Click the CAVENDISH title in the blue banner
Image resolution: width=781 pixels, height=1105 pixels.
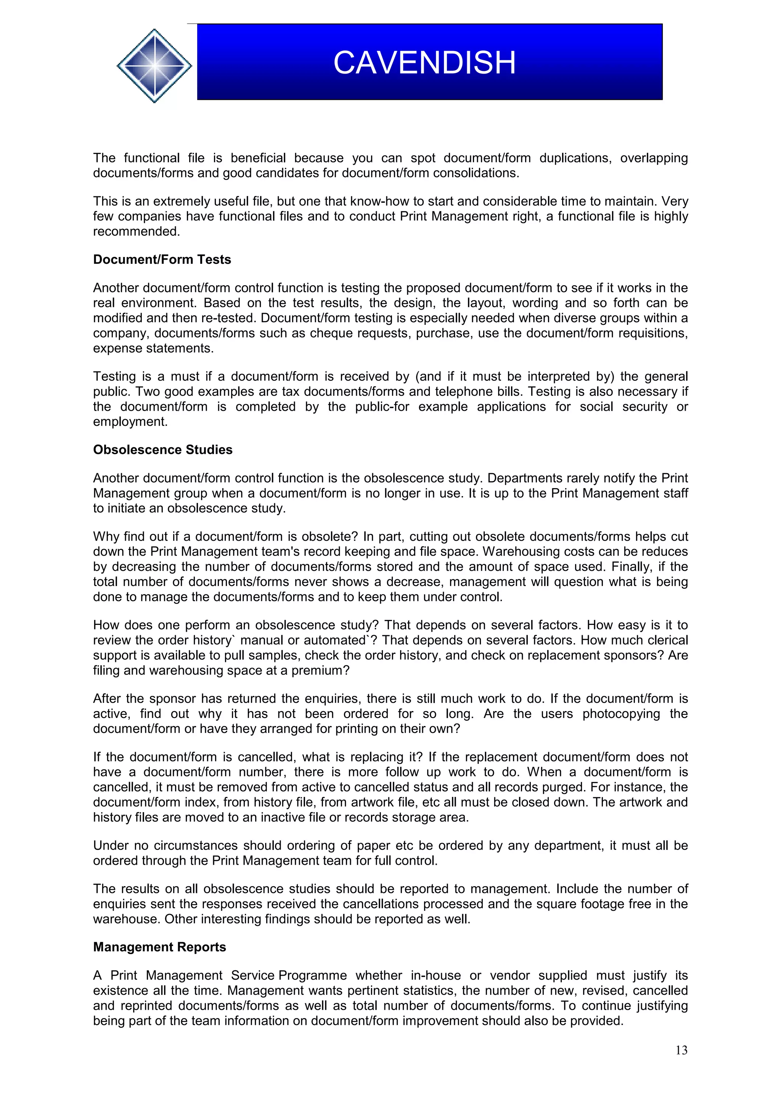coord(424,63)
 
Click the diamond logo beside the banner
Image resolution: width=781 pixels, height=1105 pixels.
coord(154,66)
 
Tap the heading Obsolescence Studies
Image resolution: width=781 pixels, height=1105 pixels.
coord(163,450)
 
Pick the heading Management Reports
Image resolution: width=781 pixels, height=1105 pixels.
coord(159,947)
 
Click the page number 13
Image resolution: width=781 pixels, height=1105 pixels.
coord(681,1050)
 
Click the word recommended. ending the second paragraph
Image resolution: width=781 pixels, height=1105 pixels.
coord(136,231)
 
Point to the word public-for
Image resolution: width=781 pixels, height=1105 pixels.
coord(382,407)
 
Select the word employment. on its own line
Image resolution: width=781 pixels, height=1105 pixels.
coord(130,422)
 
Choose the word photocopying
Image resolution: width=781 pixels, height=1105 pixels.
coord(621,714)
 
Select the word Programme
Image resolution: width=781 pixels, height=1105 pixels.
coord(313,975)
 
